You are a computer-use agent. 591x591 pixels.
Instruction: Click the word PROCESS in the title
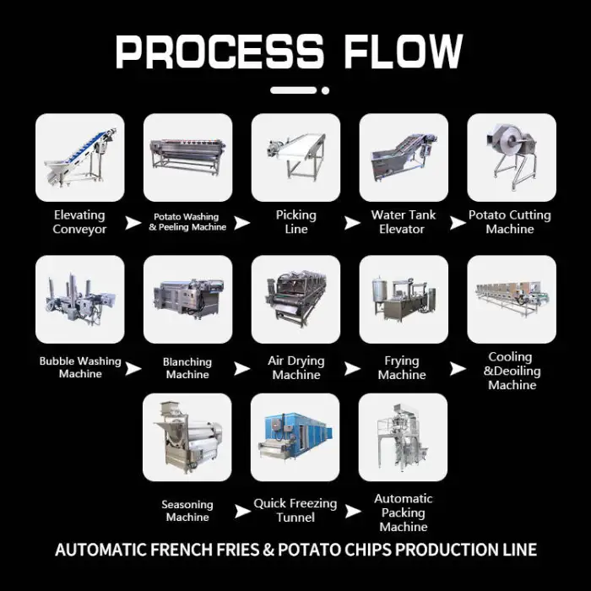coord(220,52)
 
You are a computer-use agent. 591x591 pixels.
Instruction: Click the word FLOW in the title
coord(403,52)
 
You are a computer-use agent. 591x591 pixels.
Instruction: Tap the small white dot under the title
coord(325,90)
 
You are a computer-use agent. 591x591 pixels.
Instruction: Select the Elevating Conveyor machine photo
coord(80,157)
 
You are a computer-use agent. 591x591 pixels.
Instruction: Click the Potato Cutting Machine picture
coord(512,157)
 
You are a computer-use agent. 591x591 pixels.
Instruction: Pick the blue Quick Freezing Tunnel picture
coord(295,437)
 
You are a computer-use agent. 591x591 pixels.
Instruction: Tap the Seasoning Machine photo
coord(187,437)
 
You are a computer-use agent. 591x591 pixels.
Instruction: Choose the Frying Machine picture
coord(404,299)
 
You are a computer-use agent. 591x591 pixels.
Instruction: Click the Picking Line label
coord(295,221)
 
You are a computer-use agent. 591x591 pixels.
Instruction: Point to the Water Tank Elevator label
coord(403,221)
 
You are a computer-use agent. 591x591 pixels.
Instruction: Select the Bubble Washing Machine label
coord(80,367)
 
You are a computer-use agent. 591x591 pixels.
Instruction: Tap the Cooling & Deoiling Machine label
coord(512,371)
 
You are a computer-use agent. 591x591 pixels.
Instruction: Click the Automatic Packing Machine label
coord(404,512)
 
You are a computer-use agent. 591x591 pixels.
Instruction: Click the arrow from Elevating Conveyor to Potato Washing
coord(133,222)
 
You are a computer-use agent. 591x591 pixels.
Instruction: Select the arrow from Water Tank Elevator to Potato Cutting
coord(458,222)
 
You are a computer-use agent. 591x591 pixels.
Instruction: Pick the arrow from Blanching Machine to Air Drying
coord(241,369)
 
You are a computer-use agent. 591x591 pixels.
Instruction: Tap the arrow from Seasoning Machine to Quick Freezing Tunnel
coord(242,512)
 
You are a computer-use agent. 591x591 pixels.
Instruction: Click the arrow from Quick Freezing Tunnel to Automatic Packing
coord(353,512)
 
